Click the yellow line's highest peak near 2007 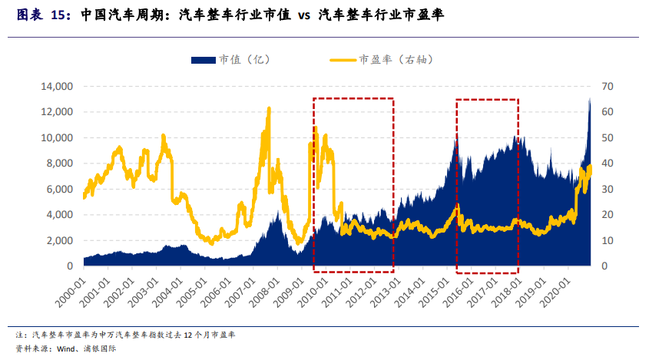point(269,108)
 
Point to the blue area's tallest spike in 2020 point(589,98)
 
